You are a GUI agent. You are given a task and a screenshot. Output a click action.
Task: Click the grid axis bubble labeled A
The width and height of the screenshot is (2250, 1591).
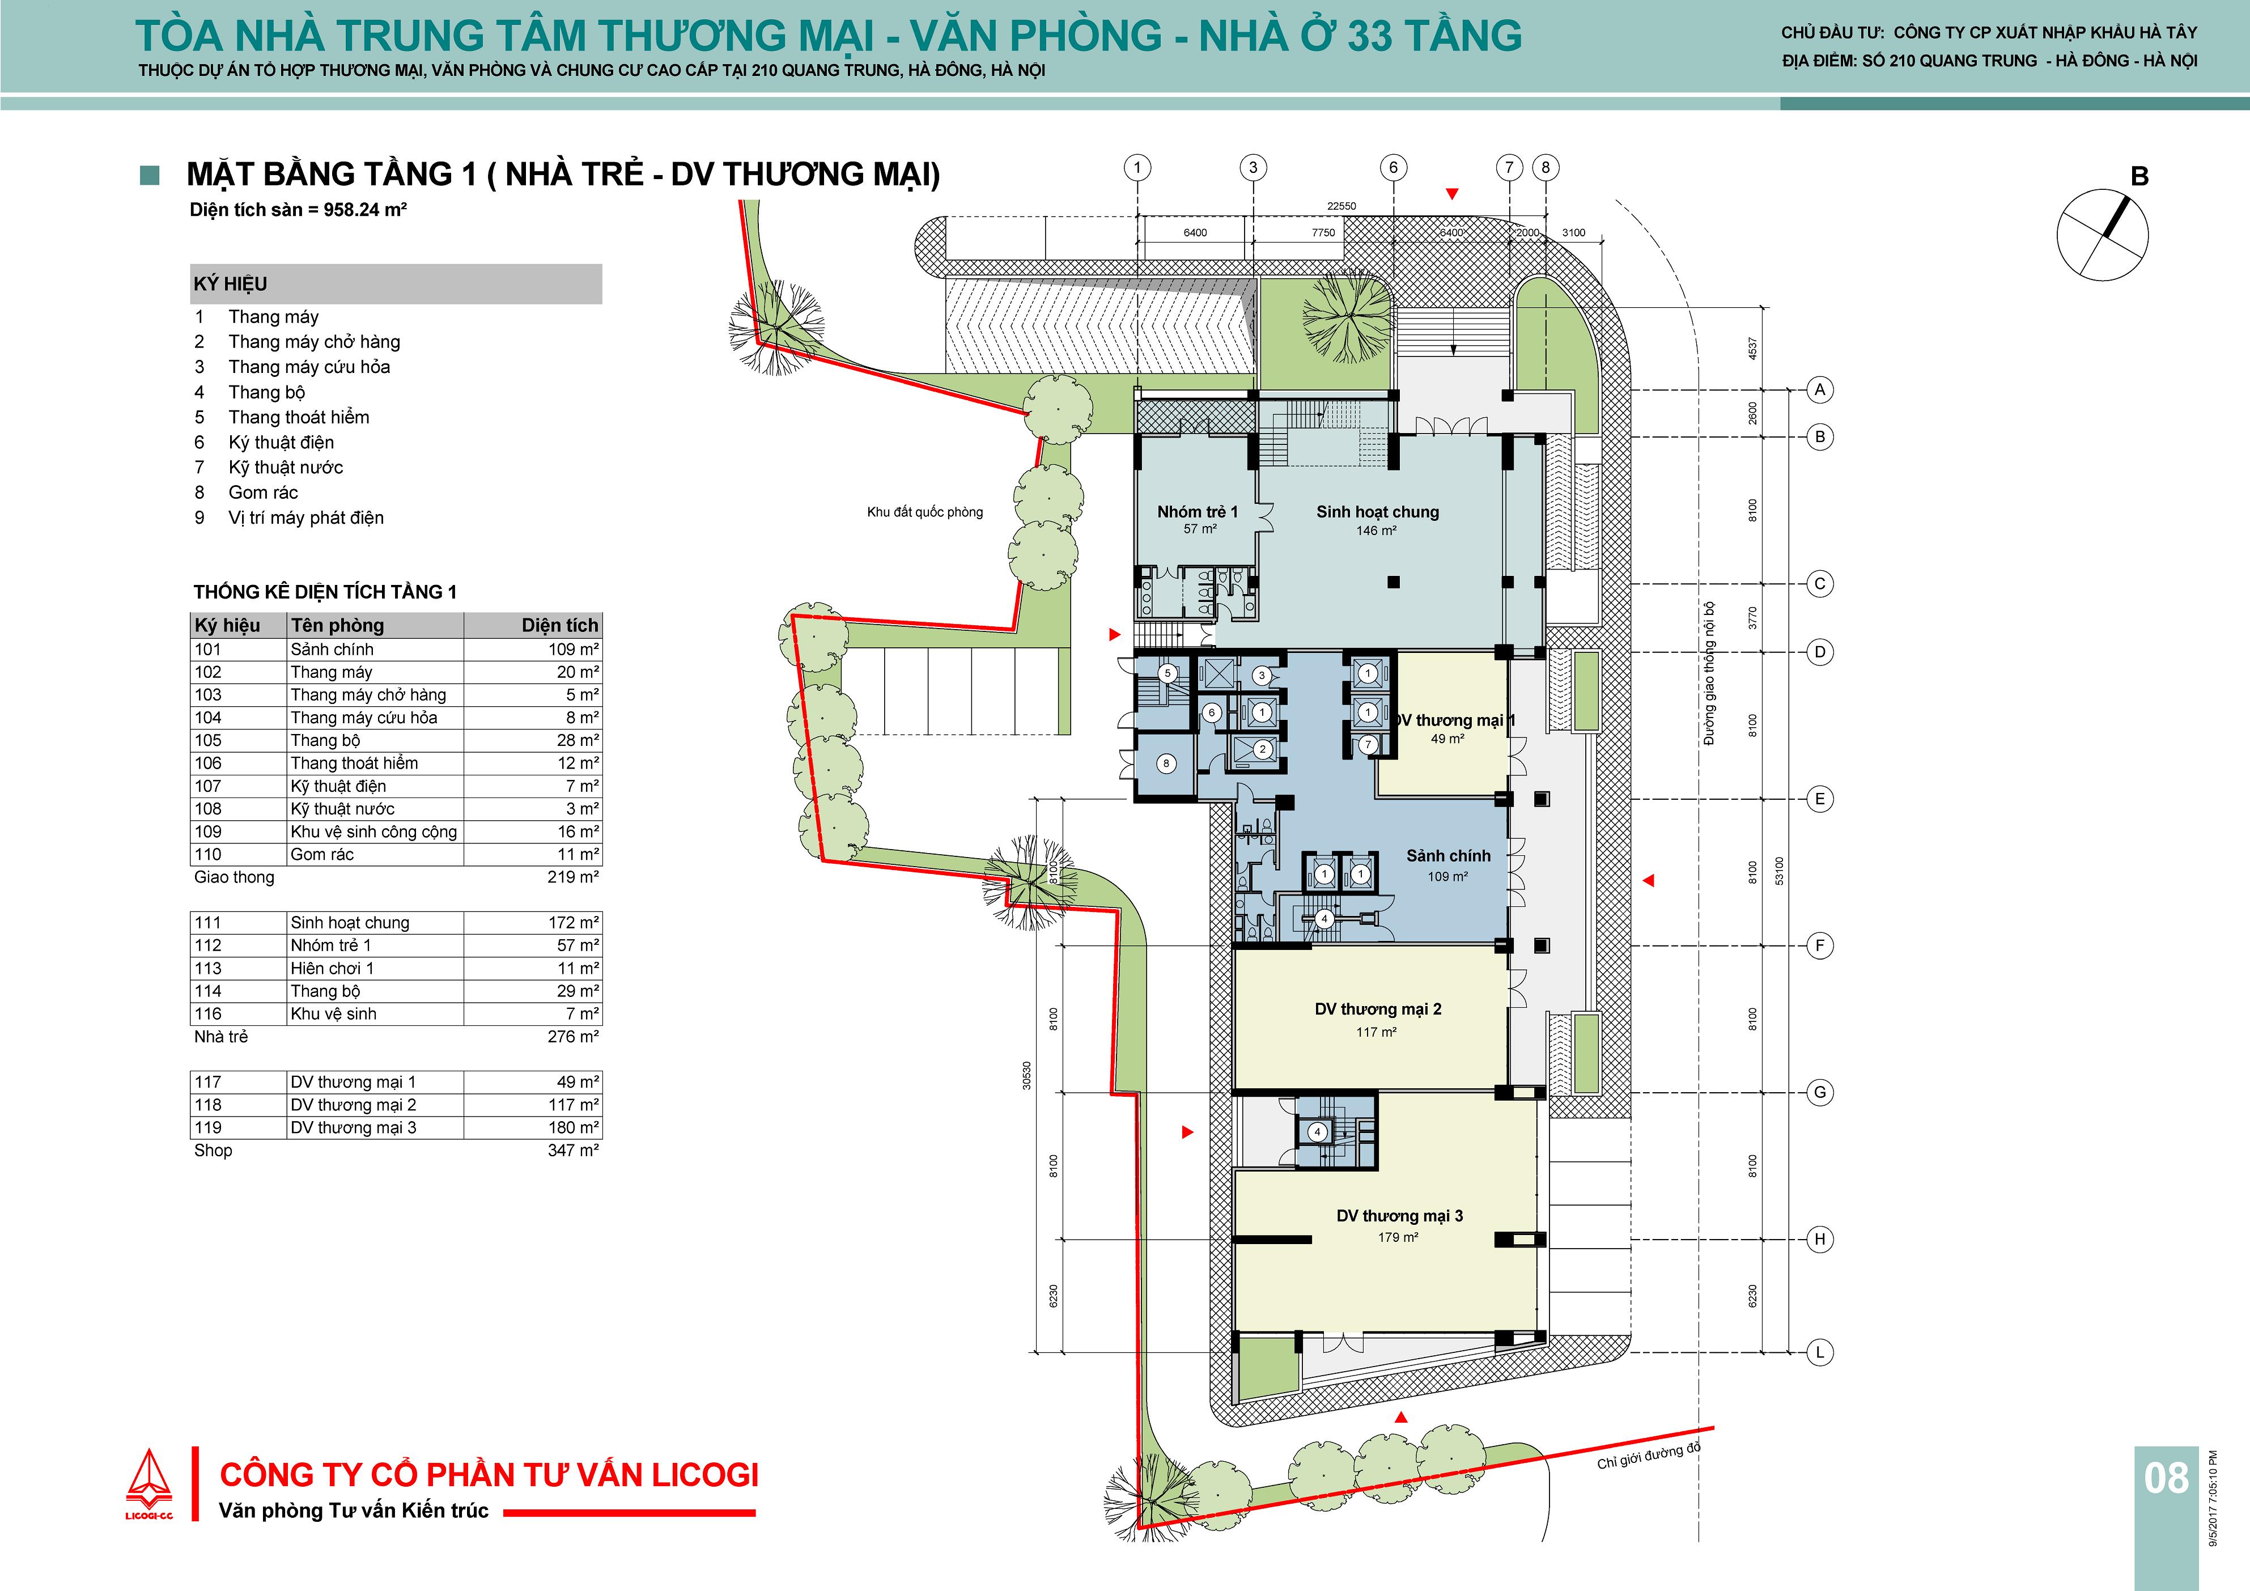[x=1820, y=390]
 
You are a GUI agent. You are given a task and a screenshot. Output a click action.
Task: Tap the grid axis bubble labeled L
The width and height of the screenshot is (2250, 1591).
[x=1820, y=1352]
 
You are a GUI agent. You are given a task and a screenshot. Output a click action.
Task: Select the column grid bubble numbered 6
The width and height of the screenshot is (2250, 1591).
[x=1394, y=168]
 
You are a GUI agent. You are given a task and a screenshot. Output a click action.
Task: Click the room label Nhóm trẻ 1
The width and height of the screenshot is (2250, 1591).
[x=1198, y=512]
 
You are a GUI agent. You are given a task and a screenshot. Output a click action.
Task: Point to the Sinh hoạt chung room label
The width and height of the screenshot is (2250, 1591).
[x=1378, y=512]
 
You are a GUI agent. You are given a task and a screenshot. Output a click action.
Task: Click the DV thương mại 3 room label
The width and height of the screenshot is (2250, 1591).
[x=1399, y=1216]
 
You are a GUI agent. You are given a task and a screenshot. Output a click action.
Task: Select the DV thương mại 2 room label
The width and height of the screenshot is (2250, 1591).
[x=1378, y=1009]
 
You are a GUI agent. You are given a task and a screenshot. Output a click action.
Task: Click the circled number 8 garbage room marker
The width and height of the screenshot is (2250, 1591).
[x=1166, y=763]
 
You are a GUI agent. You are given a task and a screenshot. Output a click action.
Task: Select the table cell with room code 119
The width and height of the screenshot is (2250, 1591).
[x=208, y=1127]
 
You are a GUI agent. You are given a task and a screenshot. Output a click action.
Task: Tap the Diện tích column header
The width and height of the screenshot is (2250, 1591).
[x=559, y=625]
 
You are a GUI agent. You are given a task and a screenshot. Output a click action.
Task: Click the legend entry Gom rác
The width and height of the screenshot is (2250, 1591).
[x=262, y=492]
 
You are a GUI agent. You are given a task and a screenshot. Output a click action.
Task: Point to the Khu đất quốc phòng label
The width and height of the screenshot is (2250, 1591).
[x=925, y=512]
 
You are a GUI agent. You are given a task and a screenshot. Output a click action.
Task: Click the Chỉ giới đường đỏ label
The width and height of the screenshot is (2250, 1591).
[x=1649, y=1456]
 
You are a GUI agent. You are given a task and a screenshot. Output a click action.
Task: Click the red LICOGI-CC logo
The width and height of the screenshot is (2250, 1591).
[x=149, y=1484]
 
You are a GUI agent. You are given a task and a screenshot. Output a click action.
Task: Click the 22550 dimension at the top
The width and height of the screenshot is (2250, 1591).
[x=1341, y=206]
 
